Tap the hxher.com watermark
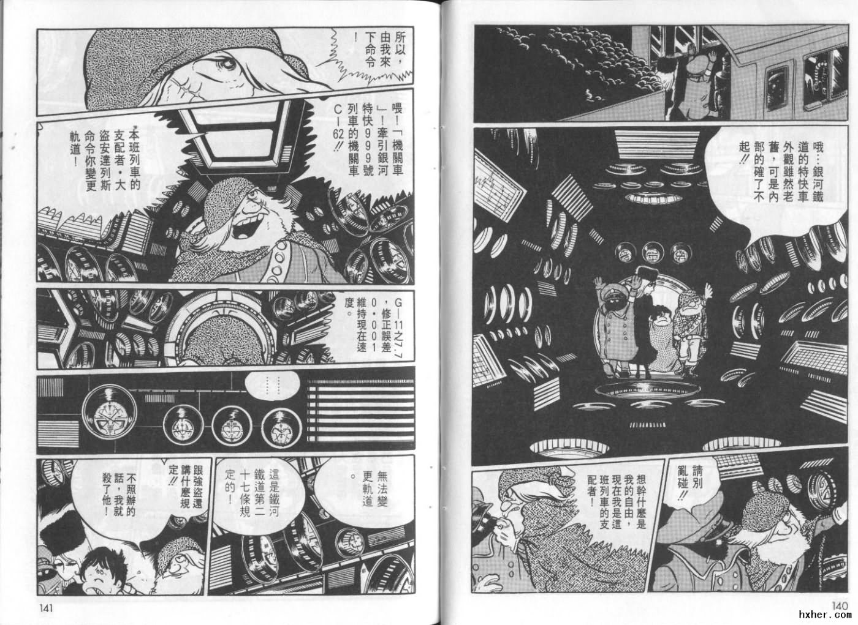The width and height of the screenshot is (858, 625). pos(825,615)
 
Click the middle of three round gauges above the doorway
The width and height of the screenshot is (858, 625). pos(653,252)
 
